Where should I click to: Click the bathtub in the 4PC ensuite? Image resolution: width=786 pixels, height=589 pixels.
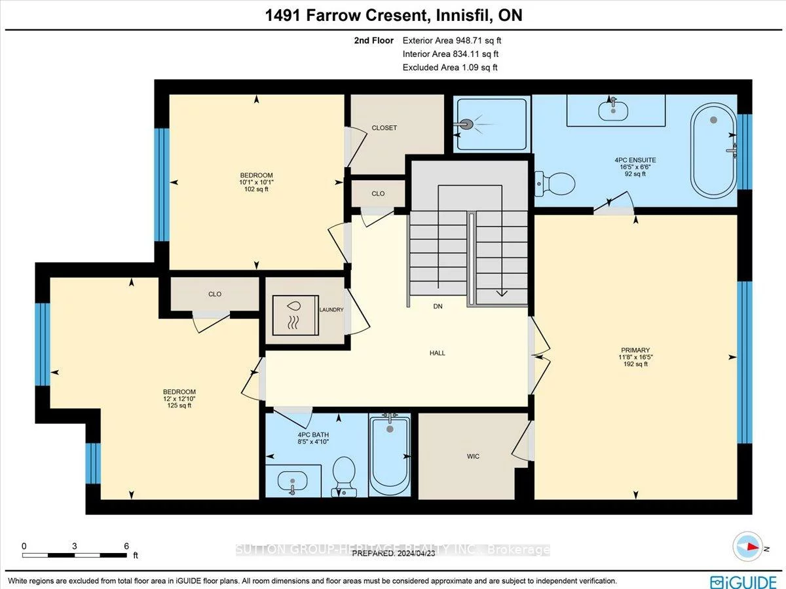pos(714,150)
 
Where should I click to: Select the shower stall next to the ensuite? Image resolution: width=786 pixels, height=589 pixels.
pos(491,124)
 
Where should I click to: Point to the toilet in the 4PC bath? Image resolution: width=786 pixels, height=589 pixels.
pos(344,475)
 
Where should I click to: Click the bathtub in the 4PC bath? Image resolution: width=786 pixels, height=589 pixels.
pos(390,456)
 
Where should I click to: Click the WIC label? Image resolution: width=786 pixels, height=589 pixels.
pos(473,456)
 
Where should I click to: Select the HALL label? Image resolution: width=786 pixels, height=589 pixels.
pos(437,353)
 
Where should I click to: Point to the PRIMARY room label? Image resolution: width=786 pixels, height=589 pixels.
pos(636,350)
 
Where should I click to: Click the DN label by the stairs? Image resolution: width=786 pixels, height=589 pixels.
pos(438,307)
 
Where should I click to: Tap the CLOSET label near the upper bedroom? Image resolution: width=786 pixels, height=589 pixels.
pos(384,128)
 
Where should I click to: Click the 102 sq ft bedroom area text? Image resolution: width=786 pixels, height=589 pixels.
pos(257,189)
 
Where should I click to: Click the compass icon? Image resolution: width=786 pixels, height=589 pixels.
pos(747,547)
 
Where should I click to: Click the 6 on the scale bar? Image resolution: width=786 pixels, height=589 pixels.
pos(126,546)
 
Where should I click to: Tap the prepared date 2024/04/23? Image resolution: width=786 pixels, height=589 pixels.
pos(416,553)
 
